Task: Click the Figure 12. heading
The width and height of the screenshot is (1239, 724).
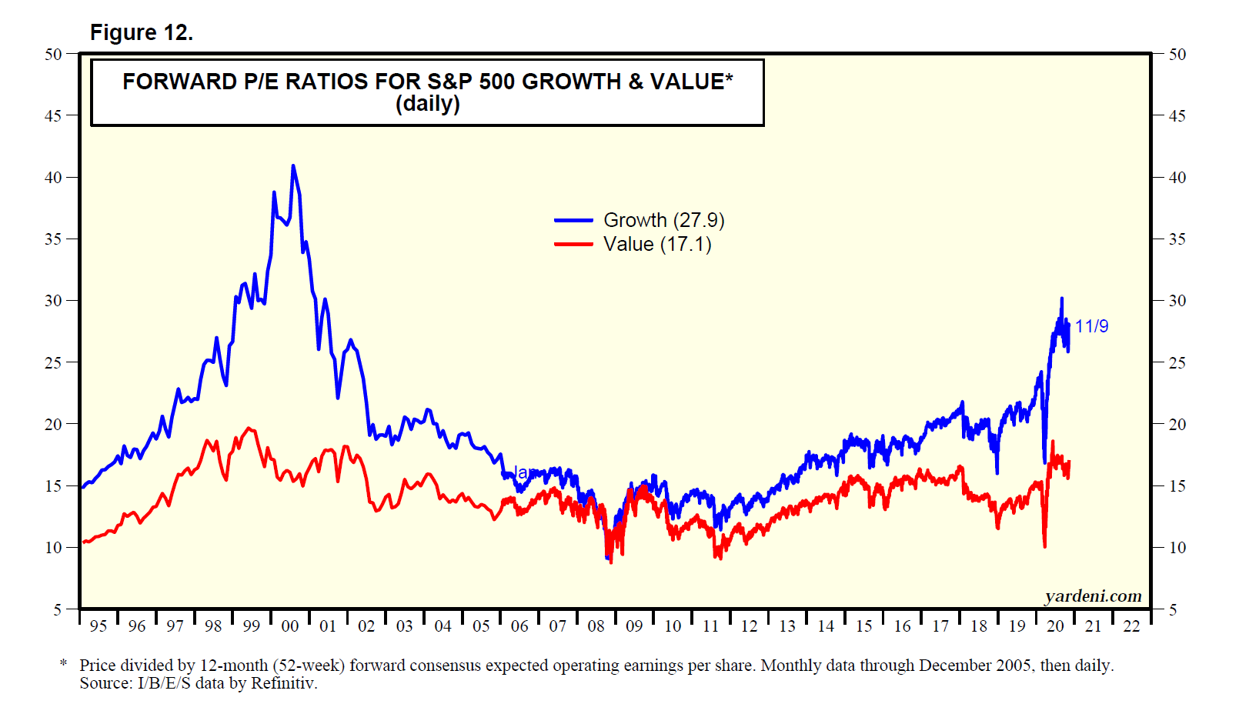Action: click(x=142, y=32)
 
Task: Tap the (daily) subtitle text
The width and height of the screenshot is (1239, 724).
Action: click(x=428, y=103)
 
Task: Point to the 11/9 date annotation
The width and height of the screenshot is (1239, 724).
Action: click(x=1091, y=326)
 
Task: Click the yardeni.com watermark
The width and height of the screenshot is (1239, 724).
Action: click(x=1093, y=596)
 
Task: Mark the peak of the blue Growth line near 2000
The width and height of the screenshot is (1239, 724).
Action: click(x=293, y=166)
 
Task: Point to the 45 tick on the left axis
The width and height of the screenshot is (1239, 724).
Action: click(x=53, y=116)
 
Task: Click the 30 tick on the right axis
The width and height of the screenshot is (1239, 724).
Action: click(x=1177, y=301)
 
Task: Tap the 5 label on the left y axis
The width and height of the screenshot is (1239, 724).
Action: click(x=57, y=609)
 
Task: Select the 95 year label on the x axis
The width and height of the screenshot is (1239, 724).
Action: click(x=99, y=626)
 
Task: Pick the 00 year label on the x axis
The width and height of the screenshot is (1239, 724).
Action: click(x=290, y=626)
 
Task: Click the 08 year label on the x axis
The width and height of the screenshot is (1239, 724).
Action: click(x=596, y=626)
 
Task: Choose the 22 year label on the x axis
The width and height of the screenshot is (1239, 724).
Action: click(x=1131, y=626)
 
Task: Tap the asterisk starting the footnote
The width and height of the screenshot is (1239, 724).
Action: click(x=64, y=663)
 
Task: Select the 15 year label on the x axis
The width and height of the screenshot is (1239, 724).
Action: click(x=863, y=626)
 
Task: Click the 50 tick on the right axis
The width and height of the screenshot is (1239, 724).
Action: click(x=1177, y=55)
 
